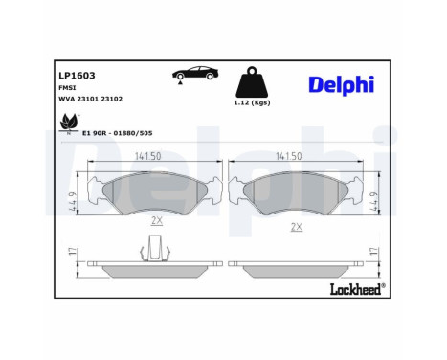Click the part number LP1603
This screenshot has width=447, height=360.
pos(76,73)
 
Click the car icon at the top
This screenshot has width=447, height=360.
pos(191,74)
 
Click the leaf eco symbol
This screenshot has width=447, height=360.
pos(68,123)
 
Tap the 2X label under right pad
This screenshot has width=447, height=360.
pos(297,227)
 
